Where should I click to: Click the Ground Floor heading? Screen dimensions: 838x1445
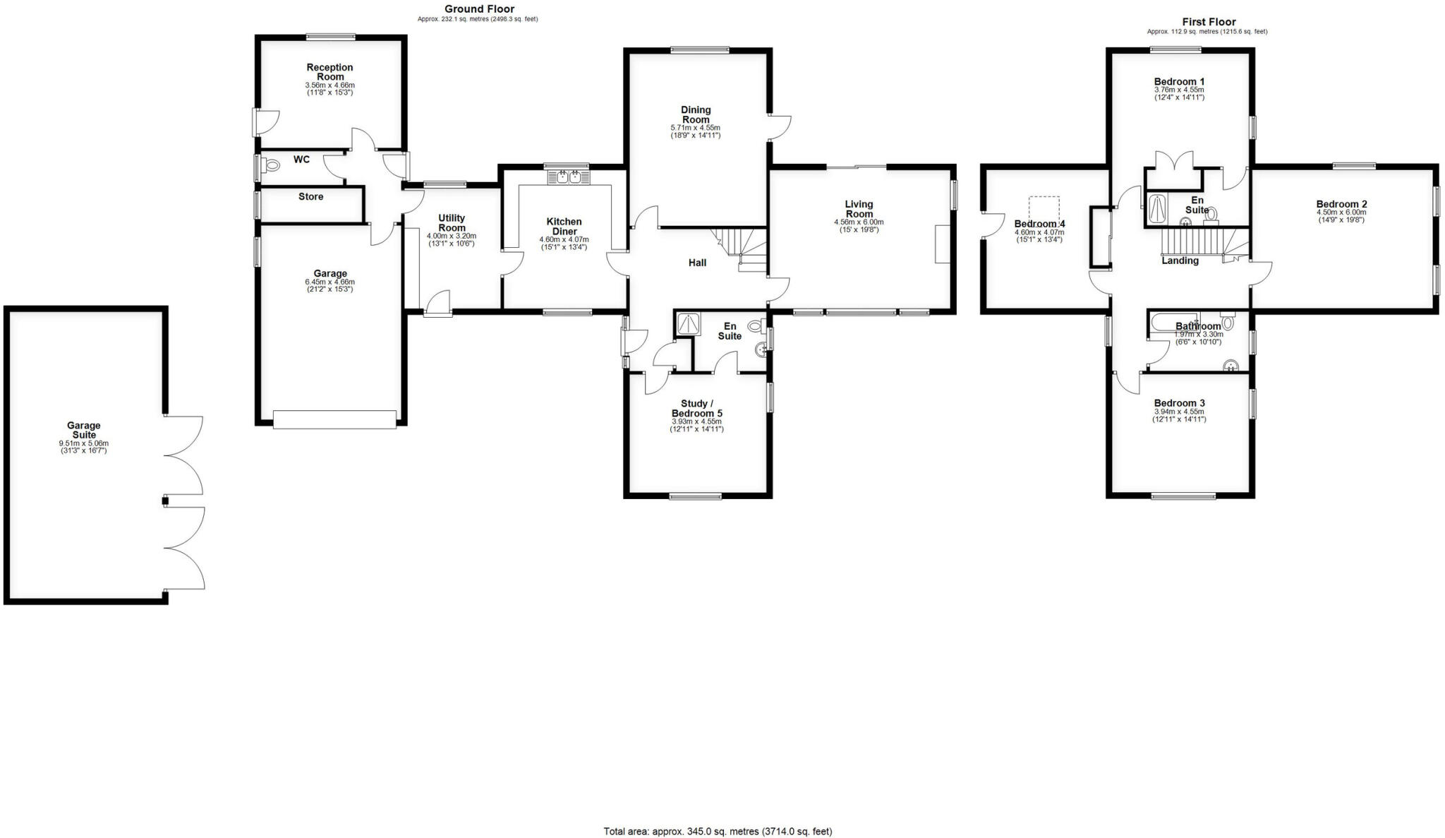coord(479,9)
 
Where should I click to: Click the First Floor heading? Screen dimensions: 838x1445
coord(1209,22)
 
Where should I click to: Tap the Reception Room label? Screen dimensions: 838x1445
coord(329,72)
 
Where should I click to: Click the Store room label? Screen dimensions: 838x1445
coord(310,196)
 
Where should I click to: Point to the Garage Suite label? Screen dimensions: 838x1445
coord(83,430)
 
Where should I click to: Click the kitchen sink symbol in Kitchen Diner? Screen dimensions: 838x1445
coord(568,176)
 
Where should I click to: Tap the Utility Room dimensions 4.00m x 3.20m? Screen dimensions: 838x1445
coord(452,236)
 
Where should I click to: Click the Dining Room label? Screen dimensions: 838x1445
coord(695,114)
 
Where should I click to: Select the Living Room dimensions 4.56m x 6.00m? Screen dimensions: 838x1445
coord(859,222)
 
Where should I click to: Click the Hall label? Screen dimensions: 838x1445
coord(697,263)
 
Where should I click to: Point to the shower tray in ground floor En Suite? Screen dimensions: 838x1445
coord(685,324)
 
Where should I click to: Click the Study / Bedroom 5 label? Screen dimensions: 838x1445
coord(696,408)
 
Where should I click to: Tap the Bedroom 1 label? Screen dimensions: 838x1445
coord(1179,81)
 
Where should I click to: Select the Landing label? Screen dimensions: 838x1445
coord(1180,261)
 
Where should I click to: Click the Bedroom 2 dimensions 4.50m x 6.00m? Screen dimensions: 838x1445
coord(1341,212)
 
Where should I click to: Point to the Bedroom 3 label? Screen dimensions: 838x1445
coord(1179,403)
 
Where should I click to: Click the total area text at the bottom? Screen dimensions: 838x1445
coord(718,831)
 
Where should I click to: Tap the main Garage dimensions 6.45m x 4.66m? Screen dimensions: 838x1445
coord(329,282)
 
